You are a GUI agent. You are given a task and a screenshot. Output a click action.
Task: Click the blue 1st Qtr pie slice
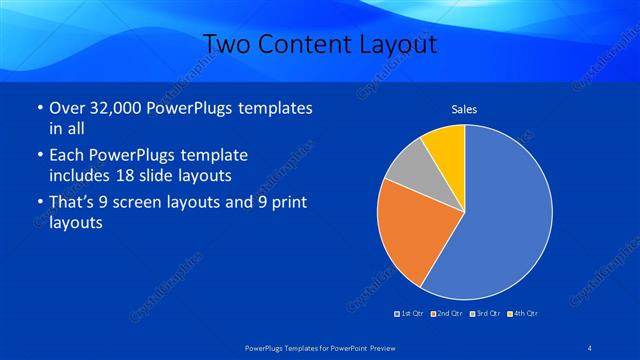pyautogui.click(x=505, y=215)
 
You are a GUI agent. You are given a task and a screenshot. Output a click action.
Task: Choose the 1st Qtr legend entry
pyautogui.click(x=410, y=314)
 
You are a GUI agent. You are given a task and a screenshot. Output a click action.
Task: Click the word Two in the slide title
pyautogui.click(x=226, y=44)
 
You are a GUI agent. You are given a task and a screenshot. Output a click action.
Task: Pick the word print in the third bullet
pyautogui.click(x=285, y=203)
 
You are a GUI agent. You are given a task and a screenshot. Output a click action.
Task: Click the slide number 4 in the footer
pyautogui.click(x=591, y=347)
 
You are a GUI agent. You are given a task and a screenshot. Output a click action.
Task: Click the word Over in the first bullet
pyautogui.click(x=66, y=108)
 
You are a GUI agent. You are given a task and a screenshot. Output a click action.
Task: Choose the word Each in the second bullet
pyautogui.click(x=66, y=156)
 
